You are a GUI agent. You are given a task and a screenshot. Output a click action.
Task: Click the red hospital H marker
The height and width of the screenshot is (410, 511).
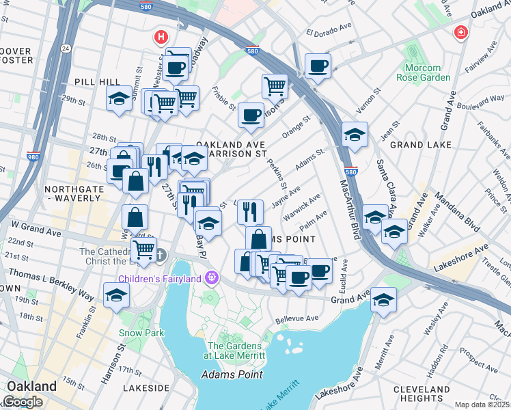tap(161, 36)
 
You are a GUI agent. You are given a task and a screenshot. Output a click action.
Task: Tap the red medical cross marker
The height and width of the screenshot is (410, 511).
tap(461, 33)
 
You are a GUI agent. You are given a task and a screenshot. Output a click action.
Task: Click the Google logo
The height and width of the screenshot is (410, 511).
tap(23, 402)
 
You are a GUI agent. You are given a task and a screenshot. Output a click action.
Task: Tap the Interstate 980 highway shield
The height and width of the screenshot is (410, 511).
tap(33, 156)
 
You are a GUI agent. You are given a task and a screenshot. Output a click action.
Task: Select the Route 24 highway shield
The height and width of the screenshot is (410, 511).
tap(65, 49)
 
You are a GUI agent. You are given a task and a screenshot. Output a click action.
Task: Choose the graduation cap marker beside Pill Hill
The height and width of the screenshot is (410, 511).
tap(119, 98)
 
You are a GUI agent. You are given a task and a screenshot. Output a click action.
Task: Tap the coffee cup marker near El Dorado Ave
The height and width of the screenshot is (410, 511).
tap(318, 66)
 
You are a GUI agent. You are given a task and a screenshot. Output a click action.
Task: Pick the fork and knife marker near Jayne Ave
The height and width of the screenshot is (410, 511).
tap(251, 211)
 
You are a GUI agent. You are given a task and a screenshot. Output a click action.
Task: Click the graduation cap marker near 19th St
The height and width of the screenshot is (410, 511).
tap(116, 295)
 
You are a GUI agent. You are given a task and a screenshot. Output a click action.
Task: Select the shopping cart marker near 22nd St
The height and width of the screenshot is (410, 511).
tap(144, 250)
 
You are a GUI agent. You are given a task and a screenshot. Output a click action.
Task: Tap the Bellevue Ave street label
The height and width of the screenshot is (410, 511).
tap(297, 318)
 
